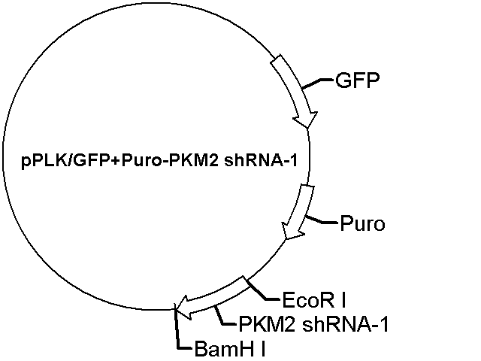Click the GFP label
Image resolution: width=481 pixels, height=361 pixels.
(x=358, y=80)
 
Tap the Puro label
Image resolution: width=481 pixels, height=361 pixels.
(x=362, y=223)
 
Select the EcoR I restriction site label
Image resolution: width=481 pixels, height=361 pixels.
(x=313, y=300)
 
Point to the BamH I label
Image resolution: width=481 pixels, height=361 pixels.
(x=229, y=349)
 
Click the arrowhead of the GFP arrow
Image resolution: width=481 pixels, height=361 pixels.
(x=305, y=120)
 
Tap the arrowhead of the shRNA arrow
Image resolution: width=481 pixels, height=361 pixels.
(x=186, y=308)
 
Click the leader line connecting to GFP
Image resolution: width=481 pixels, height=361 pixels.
(x=317, y=83)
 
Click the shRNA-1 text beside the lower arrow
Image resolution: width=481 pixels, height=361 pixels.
(x=346, y=324)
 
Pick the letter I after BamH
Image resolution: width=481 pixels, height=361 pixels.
(x=262, y=349)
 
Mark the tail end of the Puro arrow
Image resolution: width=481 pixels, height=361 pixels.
(x=307, y=186)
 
